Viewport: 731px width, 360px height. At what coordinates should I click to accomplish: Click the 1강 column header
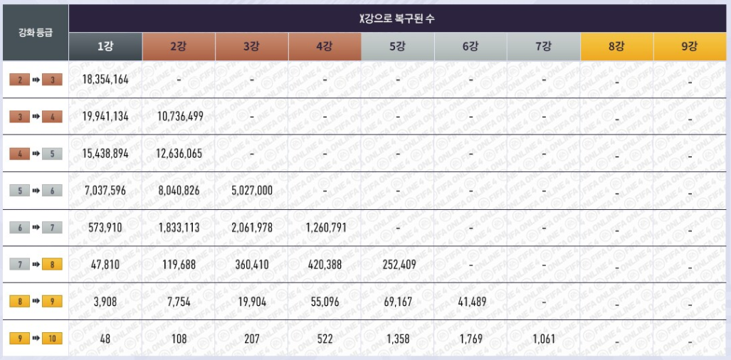[105, 47]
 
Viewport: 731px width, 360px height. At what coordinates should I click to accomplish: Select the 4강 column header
[325, 47]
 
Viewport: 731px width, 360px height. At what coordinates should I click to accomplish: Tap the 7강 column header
[543, 47]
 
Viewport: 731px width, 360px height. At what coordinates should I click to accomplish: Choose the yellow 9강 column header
[690, 47]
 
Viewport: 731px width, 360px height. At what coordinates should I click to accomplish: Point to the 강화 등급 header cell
[35, 33]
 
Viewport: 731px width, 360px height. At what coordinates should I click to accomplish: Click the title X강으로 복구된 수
[397, 19]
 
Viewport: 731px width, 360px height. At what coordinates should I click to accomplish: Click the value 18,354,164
[105, 79]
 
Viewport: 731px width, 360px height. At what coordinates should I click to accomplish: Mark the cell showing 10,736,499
[179, 116]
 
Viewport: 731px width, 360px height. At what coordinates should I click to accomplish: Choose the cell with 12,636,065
[179, 153]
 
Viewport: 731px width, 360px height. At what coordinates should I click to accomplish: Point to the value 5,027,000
[252, 190]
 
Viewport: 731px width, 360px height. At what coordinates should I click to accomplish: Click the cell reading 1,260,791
[325, 228]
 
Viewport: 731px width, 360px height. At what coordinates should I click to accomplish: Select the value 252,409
[397, 265]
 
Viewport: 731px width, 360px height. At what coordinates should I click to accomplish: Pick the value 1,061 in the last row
[543, 339]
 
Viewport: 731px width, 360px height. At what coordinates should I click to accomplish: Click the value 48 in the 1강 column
[105, 339]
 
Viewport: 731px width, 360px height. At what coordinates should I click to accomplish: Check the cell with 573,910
[105, 228]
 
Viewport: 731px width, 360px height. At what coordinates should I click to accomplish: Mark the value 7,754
[179, 302]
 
